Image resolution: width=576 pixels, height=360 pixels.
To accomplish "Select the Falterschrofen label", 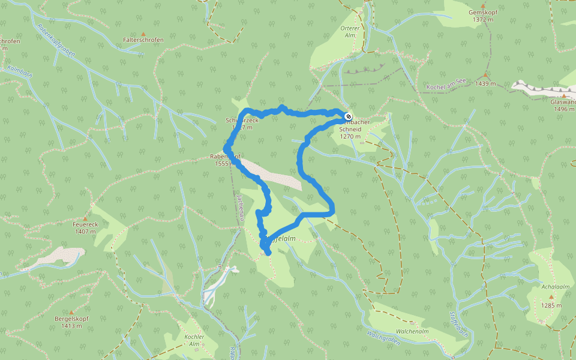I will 143,40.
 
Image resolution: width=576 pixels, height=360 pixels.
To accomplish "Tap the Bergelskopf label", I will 71,319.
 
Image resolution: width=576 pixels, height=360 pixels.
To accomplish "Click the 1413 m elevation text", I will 71,326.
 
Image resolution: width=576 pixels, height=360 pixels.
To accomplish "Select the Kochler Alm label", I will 194,340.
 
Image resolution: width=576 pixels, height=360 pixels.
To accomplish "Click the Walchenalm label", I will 412,331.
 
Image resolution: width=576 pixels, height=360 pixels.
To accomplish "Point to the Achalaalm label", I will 550,287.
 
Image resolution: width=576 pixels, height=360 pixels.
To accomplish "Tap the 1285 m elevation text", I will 550,305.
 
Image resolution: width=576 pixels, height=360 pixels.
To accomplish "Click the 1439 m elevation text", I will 485,84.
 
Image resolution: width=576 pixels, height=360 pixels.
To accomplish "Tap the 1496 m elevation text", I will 564,109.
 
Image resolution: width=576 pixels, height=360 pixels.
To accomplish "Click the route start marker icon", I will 349,116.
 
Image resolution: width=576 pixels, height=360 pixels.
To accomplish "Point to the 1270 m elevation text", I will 350,136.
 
